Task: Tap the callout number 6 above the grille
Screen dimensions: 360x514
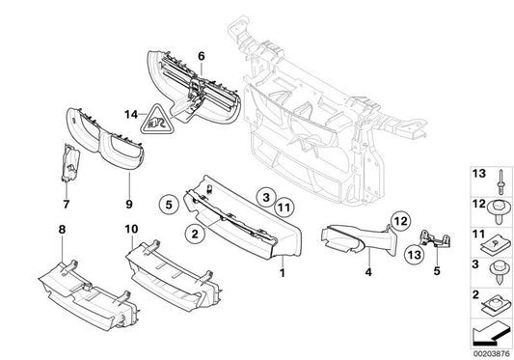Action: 202,57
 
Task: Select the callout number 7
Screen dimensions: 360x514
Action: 66,205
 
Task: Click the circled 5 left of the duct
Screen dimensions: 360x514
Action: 167,205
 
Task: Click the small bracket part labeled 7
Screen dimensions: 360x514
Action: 68,165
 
